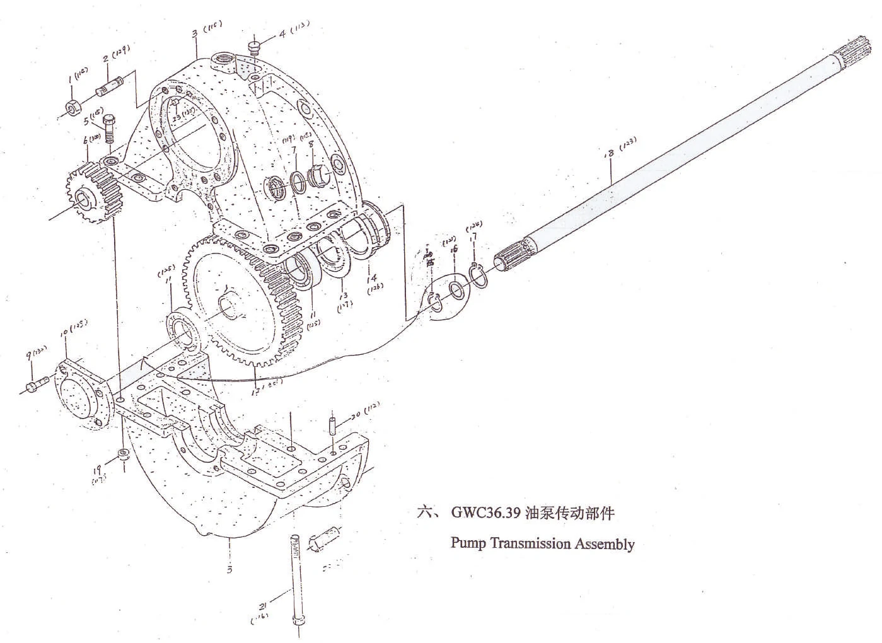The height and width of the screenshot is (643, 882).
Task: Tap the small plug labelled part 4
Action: point(255,47)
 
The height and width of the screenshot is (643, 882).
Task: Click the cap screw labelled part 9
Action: point(37,383)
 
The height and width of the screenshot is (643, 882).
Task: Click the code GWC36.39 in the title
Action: point(485,513)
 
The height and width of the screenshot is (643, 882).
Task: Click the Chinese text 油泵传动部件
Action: point(570,513)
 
